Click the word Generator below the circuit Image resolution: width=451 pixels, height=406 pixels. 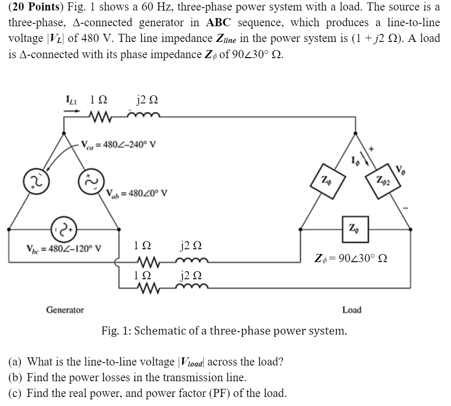coord(65,310)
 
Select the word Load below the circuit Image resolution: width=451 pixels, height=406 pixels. coord(352,310)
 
